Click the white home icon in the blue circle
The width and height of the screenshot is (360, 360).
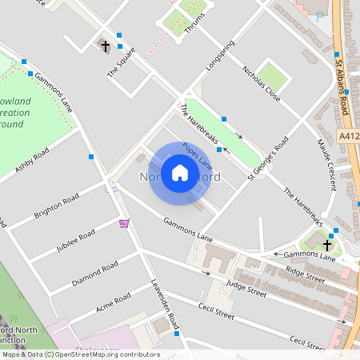180,173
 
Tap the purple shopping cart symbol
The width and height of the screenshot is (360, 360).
124,223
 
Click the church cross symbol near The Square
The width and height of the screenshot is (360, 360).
105,46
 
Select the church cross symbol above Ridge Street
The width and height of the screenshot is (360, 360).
327,244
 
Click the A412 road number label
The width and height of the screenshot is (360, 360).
350,137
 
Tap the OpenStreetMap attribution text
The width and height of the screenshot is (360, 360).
80,354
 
